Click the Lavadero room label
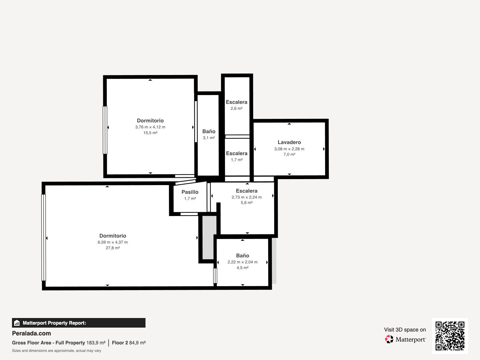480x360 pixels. pyautogui.click(x=289, y=142)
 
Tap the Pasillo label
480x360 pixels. pyautogui.click(x=190, y=192)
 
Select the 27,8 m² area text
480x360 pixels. pyautogui.click(x=112, y=248)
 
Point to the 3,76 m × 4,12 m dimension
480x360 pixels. pyautogui.click(x=150, y=127)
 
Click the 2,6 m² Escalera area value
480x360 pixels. pyautogui.click(x=236, y=108)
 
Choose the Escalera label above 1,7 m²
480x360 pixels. pyautogui.click(x=237, y=153)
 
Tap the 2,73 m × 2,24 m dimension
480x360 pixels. pyautogui.click(x=247, y=197)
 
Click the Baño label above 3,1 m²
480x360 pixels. pyautogui.click(x=208, y=132)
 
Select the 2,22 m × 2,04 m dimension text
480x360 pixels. pyautogui.click(x=242, y=262)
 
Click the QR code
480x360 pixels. pyautogui.click(x=450, y=336)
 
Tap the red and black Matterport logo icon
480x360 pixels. pyautogui.click(x=389, y=339)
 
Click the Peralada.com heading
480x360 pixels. pyautogui.click(x=31, y=333)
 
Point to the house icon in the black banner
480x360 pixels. pyautogui.click(x=17, y=323)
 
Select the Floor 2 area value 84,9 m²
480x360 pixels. pyautogui.click(x=137, y=343)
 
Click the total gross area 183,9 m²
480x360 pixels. pyautogui.click(x=96, y=343)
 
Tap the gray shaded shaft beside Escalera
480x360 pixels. pyautogui.click(x=209, y=238)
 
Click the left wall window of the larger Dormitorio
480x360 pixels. pyautogui.click(x=44, y=237)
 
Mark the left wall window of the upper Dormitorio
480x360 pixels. pyautogui.click(x=105, y=130)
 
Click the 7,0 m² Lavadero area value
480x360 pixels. pyautogui.click(x=289, y=154)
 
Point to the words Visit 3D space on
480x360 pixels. pyautogui.click(x=405, y=330)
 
